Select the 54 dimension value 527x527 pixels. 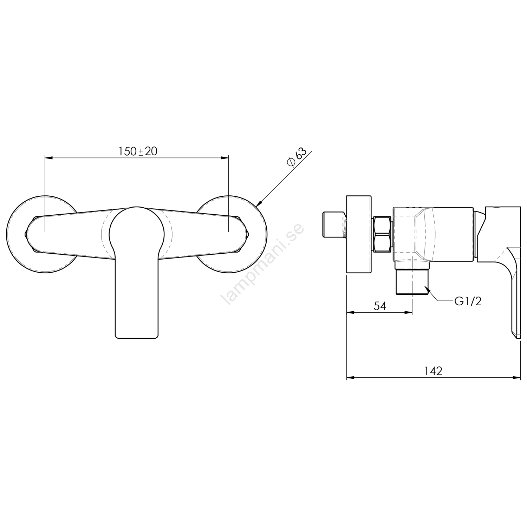379,306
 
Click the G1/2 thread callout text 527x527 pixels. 468,301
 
